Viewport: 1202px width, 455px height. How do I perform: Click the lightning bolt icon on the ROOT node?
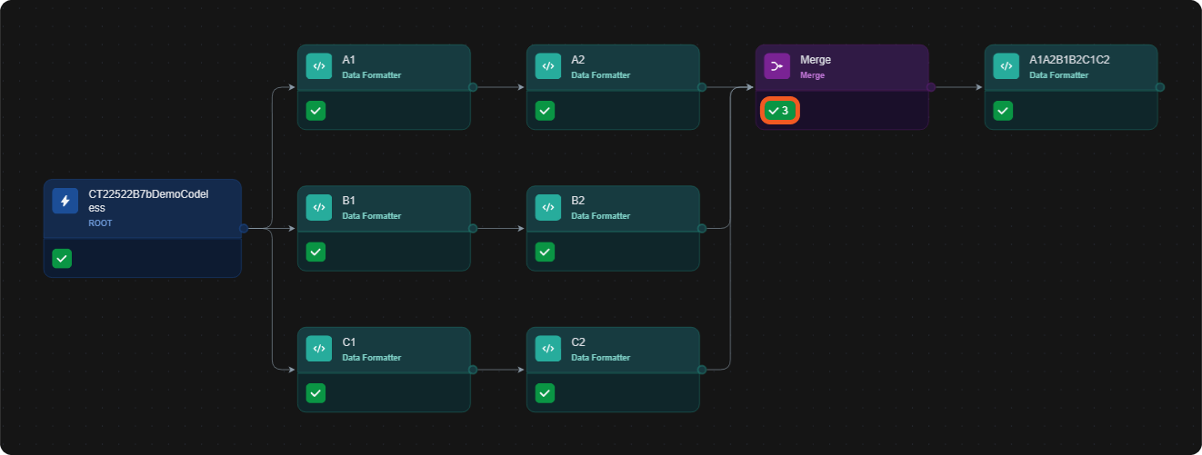point(65,201)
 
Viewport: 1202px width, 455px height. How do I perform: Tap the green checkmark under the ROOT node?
point(62,258)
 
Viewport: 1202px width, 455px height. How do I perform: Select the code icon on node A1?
point(319,66)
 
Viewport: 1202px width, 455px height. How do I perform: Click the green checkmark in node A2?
point(545,111)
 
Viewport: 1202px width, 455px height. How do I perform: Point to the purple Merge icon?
point(777,66)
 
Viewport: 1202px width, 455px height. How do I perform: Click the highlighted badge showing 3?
point(780,111)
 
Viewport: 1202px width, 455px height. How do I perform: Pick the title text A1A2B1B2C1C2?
point(1069,60)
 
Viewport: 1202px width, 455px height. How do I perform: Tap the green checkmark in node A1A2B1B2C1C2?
point(1003,111)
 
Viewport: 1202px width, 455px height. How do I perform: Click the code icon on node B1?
point(319,207)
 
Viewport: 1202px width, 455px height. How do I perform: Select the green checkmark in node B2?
point(545,252)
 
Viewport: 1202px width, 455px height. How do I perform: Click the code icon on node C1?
point(319,349)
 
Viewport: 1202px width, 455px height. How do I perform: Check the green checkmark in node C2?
point(545,393)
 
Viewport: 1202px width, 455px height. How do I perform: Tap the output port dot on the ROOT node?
point(244,228)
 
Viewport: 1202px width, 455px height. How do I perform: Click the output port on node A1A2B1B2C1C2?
point(1160,87)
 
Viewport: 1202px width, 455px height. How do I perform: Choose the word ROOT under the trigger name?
point(100,223)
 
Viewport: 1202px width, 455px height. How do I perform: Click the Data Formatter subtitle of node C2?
point(600,358)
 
